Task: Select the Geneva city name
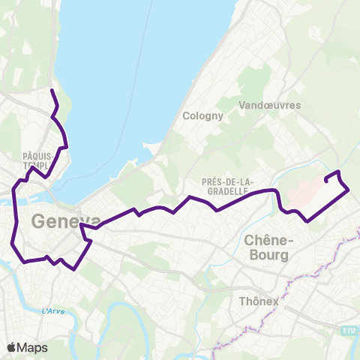tap(65, 222)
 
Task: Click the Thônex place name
tap(258, 301)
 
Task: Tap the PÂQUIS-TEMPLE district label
tap(35, 160)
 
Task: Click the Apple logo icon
tap(12, 347)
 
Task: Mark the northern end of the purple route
tap(52, 91)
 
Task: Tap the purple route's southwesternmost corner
tap(25, 261)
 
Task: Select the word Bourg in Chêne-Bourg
tap(267, 255)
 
